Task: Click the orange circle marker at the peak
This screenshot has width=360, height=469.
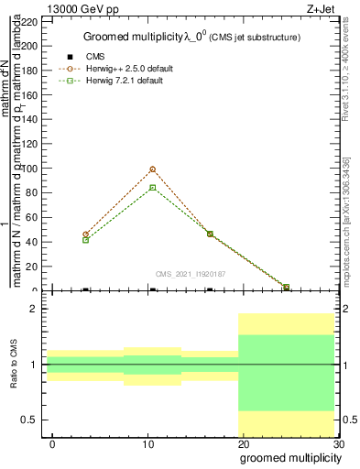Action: click(152, 169)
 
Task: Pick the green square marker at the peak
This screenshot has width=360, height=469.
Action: click(152, 187)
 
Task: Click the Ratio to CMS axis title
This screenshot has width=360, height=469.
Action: click(14, 365)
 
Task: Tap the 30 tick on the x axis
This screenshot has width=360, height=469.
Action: click(338, 443)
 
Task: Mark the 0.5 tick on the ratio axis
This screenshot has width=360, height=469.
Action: click(30, 420)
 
